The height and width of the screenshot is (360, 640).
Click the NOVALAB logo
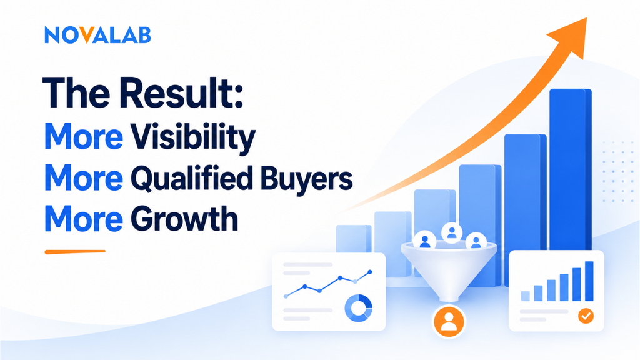click(97, 35)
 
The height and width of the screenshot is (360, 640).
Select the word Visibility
click(192, 137)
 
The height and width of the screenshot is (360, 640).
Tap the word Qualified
click(191, 178)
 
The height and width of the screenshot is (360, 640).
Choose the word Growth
click(184, 219)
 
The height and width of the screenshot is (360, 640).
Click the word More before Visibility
click(83, 136)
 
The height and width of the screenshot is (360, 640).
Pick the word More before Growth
click(83, 219)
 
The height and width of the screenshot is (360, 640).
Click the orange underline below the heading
click(75, 252)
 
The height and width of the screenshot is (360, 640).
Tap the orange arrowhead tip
click(586, 18)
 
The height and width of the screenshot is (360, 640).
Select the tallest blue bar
click(570, 170)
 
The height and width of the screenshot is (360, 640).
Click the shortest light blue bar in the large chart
click(354, 239)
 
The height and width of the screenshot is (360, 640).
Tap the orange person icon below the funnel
click(449, 321)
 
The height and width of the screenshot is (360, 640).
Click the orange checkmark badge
click(586, 316)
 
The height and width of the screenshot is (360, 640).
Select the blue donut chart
click(358, 308)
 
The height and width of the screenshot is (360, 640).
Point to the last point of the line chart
click(370, 272)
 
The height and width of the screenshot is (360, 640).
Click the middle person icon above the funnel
click(451, 233)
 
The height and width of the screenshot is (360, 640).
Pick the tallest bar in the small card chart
click(589, 281)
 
